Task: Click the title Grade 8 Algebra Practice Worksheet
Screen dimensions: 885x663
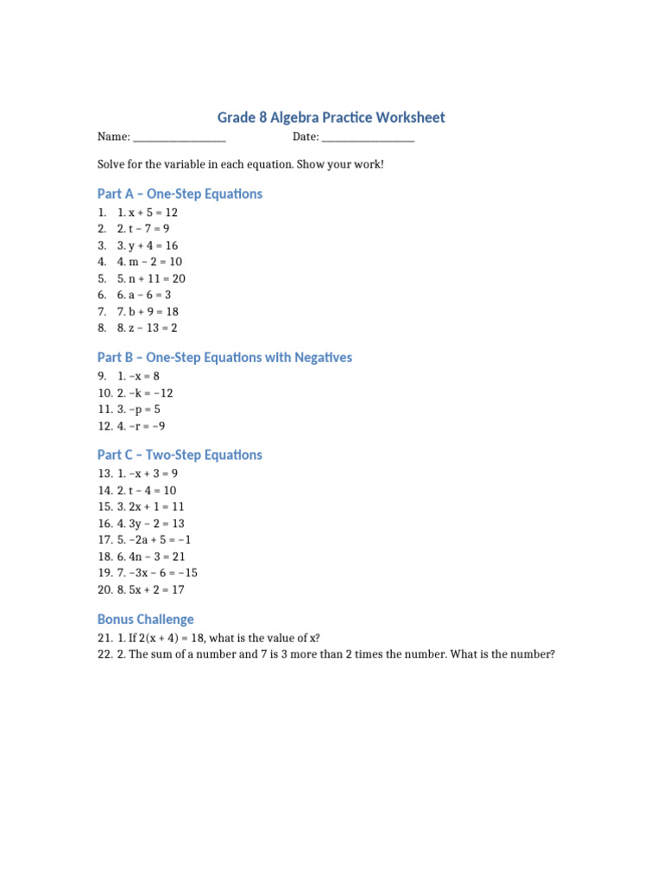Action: [331, 118]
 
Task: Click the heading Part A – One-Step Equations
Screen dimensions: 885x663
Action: [180, 194]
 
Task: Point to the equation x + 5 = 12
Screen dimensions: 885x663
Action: [153, 213]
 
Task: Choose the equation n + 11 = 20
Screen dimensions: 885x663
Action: [156, 279]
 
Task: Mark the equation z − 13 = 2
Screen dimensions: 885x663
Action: [153, 328]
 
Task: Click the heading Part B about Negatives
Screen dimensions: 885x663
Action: [224, 358]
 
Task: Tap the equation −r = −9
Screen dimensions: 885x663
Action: [147, 426]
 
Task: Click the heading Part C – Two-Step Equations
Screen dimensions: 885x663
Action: [180, 455]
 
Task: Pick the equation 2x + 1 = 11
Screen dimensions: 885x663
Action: [156, 507]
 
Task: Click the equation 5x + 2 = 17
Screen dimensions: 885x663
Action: [156, 590]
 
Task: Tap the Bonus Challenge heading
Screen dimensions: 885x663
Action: [146, 620]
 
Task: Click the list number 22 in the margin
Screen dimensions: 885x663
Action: [104, 655]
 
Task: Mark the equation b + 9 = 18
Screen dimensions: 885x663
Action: [153, 312]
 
